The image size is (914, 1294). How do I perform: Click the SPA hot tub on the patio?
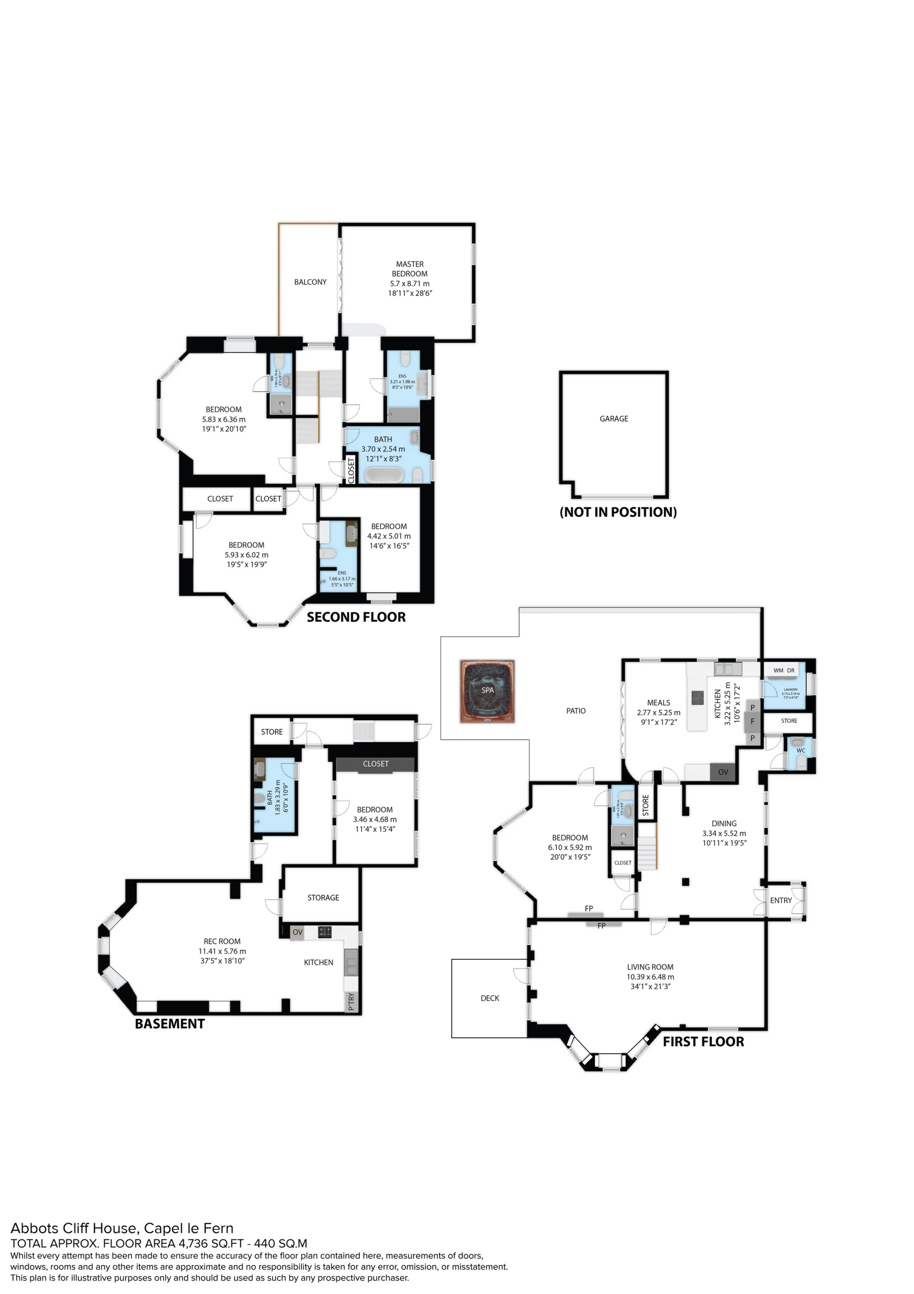point(487,690)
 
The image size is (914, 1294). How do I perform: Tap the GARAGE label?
point(613,419)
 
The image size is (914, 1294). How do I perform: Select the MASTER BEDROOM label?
point(409,269)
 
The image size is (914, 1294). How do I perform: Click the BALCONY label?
point(310,282)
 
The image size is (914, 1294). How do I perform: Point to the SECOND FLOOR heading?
point(356,617)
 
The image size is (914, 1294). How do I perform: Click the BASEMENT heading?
point(170,1024)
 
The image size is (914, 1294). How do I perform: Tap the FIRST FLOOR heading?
point(703,1041)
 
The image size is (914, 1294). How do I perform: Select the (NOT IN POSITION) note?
point(618,512)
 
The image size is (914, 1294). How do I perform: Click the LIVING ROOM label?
point(650,967)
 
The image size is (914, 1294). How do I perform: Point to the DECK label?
point(489,998)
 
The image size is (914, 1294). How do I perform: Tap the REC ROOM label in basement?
point(222,942)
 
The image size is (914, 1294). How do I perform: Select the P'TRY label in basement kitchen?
point(352,1002)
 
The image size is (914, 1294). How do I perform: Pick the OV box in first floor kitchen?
point(723,772)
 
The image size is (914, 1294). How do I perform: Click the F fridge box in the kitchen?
point(752,722)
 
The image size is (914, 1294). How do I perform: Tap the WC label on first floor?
point(800,751)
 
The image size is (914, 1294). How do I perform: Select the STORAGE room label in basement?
point(323,898)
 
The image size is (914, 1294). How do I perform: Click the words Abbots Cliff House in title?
point(74,1228)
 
